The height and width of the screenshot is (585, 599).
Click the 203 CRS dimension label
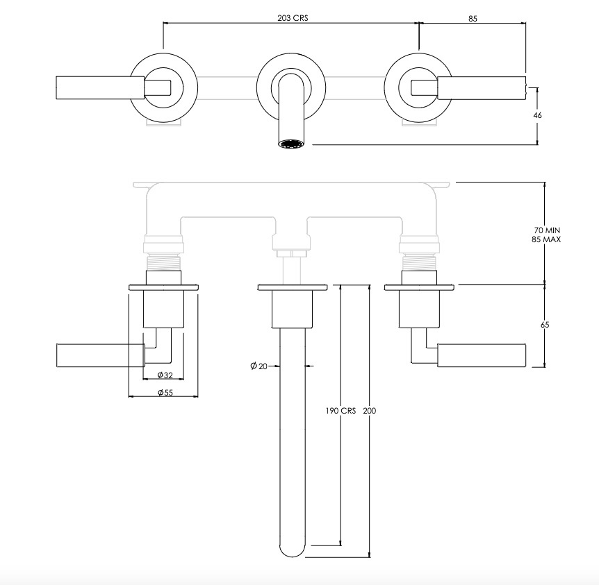coord(293,18)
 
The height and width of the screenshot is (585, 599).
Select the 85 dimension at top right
coord(473,18)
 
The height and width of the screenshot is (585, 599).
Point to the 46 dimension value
coord(537,115)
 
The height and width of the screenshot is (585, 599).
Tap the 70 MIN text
coord(547,230)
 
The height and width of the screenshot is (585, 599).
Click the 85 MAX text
coord(546,239)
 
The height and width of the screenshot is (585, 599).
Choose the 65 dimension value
coord(545,324)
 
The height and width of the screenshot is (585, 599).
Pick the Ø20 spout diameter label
coord(259,366)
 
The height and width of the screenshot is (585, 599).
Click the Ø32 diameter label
coord(165,375)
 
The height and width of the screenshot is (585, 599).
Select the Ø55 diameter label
coord(165,392)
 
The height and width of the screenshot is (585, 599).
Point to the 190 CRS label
coord(340,411)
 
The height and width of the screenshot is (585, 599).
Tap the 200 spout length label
coord(370,411)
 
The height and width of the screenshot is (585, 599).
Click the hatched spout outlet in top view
coord(290,144)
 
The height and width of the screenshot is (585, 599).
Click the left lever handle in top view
coord(100,87)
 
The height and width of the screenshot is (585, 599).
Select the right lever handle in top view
coord(482,87)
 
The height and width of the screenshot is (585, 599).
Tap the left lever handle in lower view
coord(101,355)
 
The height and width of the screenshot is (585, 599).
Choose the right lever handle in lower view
coord(482,355)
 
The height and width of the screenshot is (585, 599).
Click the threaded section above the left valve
coord(163,262)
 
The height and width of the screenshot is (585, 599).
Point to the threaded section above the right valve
coord(419,262)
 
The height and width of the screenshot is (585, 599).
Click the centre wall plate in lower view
coord(293,287)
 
